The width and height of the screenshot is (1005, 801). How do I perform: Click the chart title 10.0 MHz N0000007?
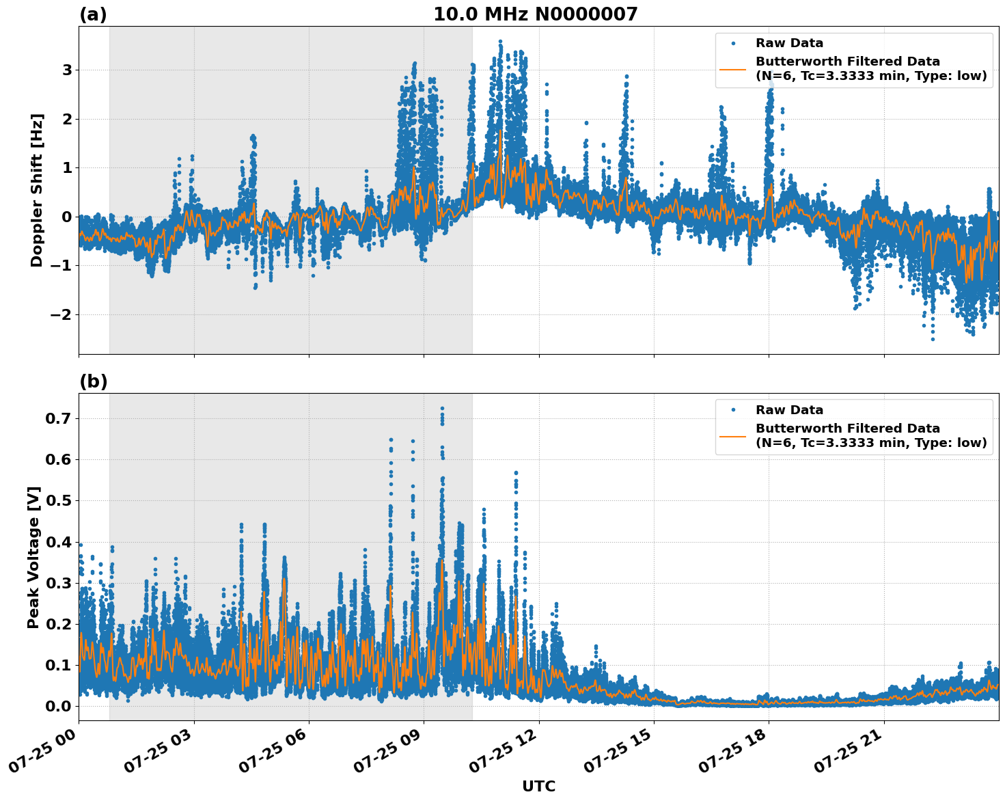pyautogui.click(x=535, y=14)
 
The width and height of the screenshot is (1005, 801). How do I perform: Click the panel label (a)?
pyautogui.click(x=93, y=14)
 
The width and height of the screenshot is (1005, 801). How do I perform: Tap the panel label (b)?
pyautogui.click(x=93, y=381)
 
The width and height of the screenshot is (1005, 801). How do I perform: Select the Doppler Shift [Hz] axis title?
pyautogui.click(x=37, y=190)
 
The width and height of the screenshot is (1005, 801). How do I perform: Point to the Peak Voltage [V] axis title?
pyautogui.click(x=33, y=557)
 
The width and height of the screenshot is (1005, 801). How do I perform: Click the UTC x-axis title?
pyautogui.click(x=538, y=787)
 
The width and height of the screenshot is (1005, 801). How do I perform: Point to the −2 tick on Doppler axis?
pyautogui.click(x=61, y=314)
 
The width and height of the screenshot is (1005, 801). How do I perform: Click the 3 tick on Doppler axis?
pyautogui.click(x=67, y=70)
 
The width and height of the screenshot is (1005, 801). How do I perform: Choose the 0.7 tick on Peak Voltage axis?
pyautogui.click(x=58, y=418)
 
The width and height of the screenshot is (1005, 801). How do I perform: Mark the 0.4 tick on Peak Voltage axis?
pyautogui.click(x=58, y=542)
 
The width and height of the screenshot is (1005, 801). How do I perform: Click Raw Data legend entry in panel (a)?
pyautogui.click(x=789, y=43)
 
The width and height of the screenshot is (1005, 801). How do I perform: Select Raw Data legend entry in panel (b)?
pyautogui.click(x=789, y=410)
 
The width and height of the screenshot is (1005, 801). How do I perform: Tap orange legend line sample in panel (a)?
pyautogui.click(x=733, y=69)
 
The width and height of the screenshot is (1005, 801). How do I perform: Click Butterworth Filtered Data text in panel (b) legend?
pyautogui.click(x=847, y=429)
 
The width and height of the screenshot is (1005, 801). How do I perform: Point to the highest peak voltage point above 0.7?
pyautogui.click(x=442, y=408)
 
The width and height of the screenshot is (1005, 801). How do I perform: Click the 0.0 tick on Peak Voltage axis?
pyautogui.click(x=58, y=706)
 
